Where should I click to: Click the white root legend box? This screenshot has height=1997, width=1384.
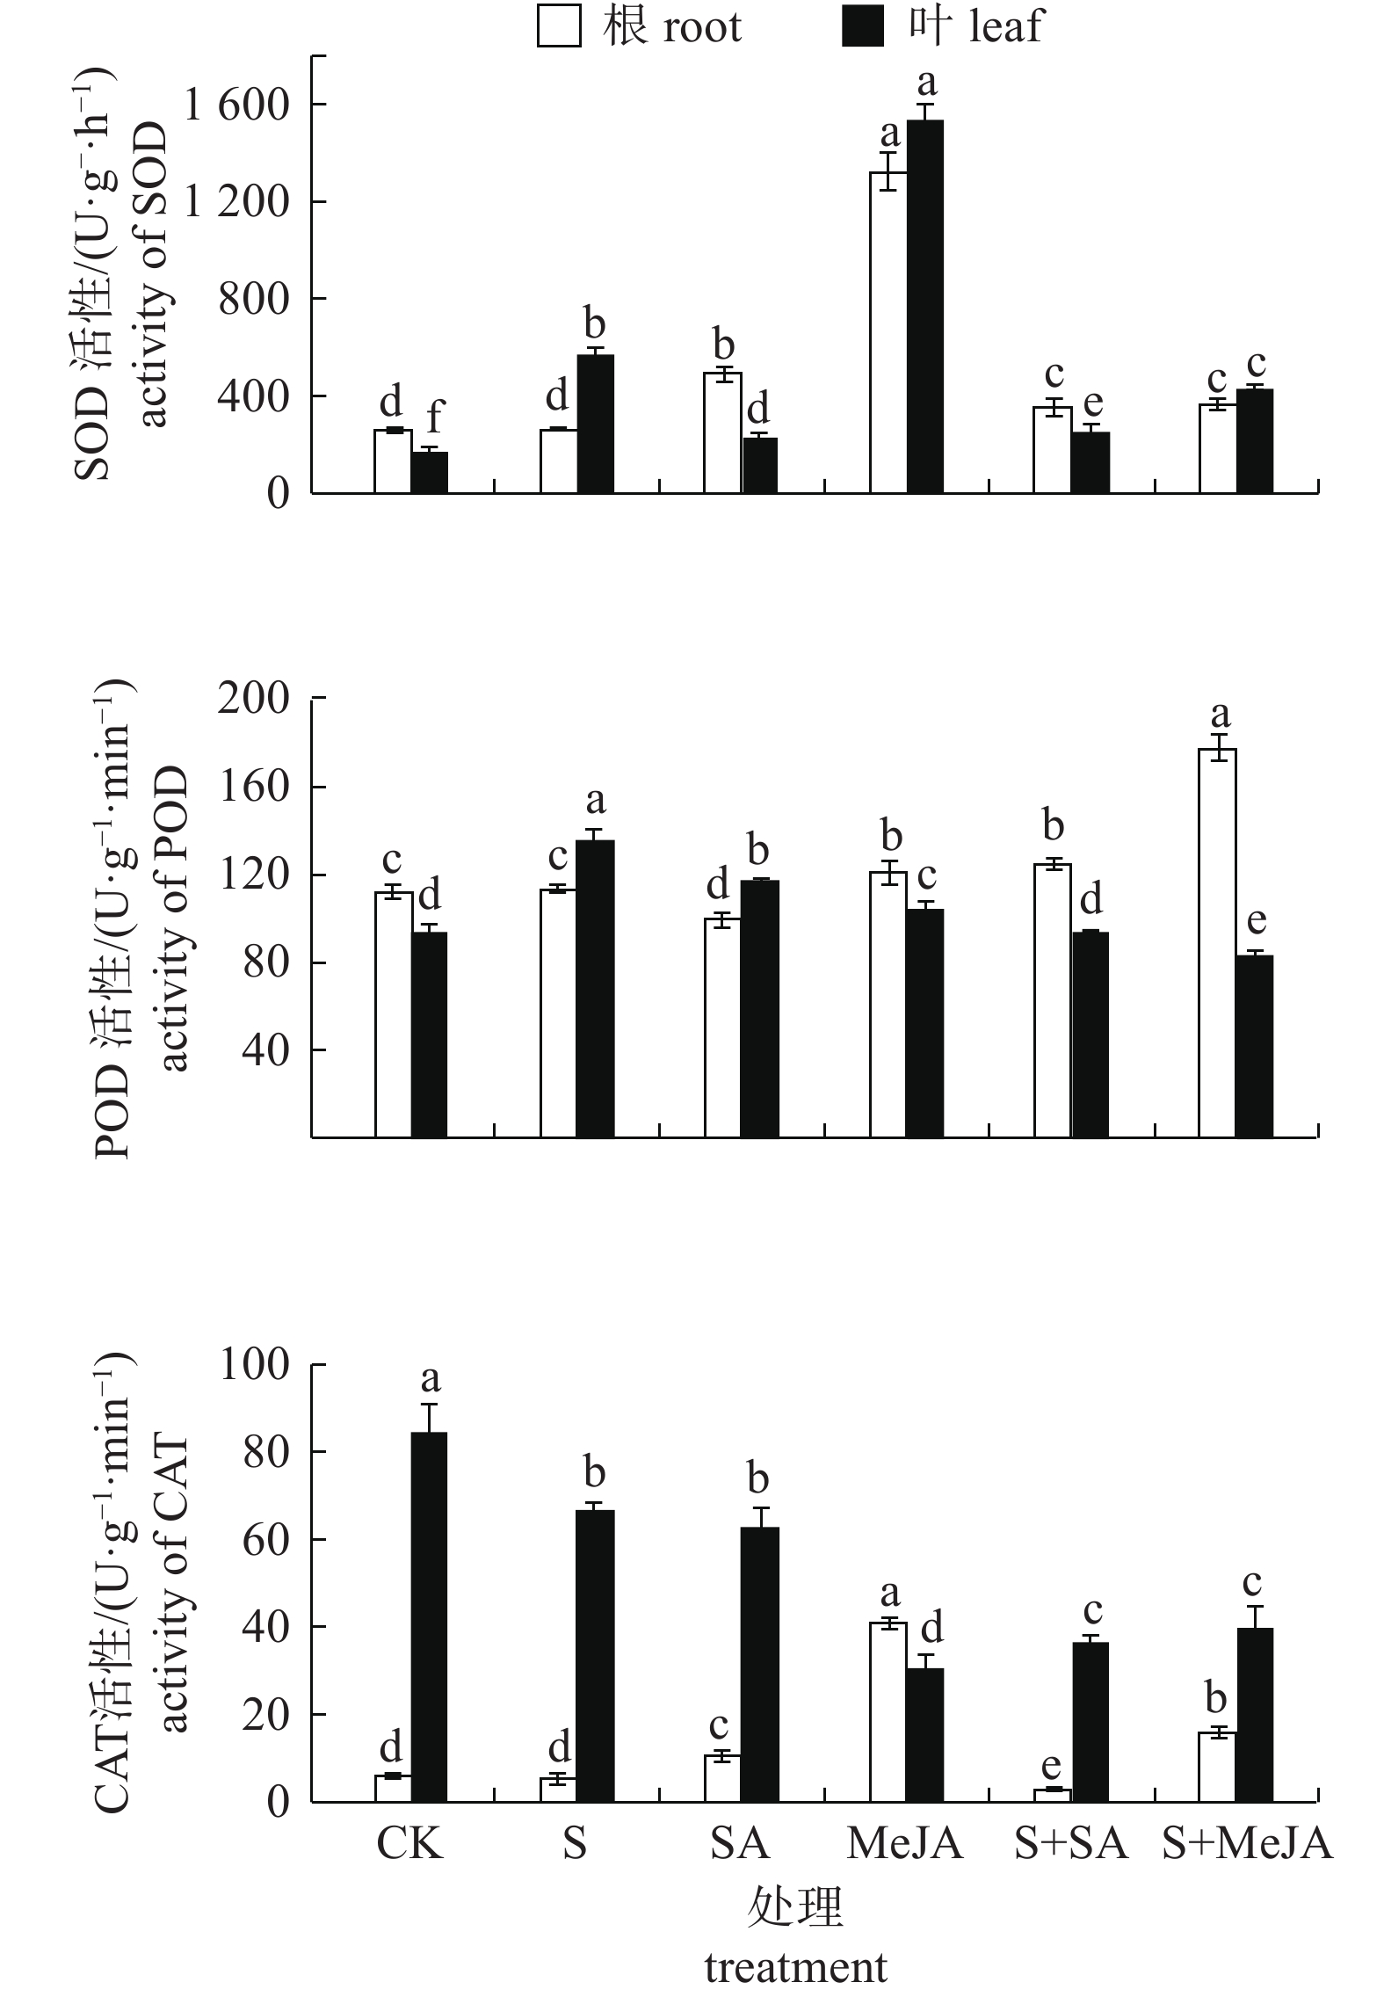pyautogui.click(x=559, y=27)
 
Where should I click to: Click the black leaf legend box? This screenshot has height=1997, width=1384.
pyautogui.click(x=863, y=27)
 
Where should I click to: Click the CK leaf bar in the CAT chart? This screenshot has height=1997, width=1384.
pyautogui.click(x=430, y=1617)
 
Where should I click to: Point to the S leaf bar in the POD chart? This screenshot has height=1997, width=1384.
pyautogui.click(x=595, y=989)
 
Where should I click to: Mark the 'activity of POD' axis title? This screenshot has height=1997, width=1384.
pyautogui.click(x=176, y=919)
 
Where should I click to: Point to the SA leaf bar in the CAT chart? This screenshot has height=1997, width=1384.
pyautogui.click(x=759, y=1665)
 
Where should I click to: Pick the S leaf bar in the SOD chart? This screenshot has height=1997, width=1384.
pyautogui.click(x=595, y=424)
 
